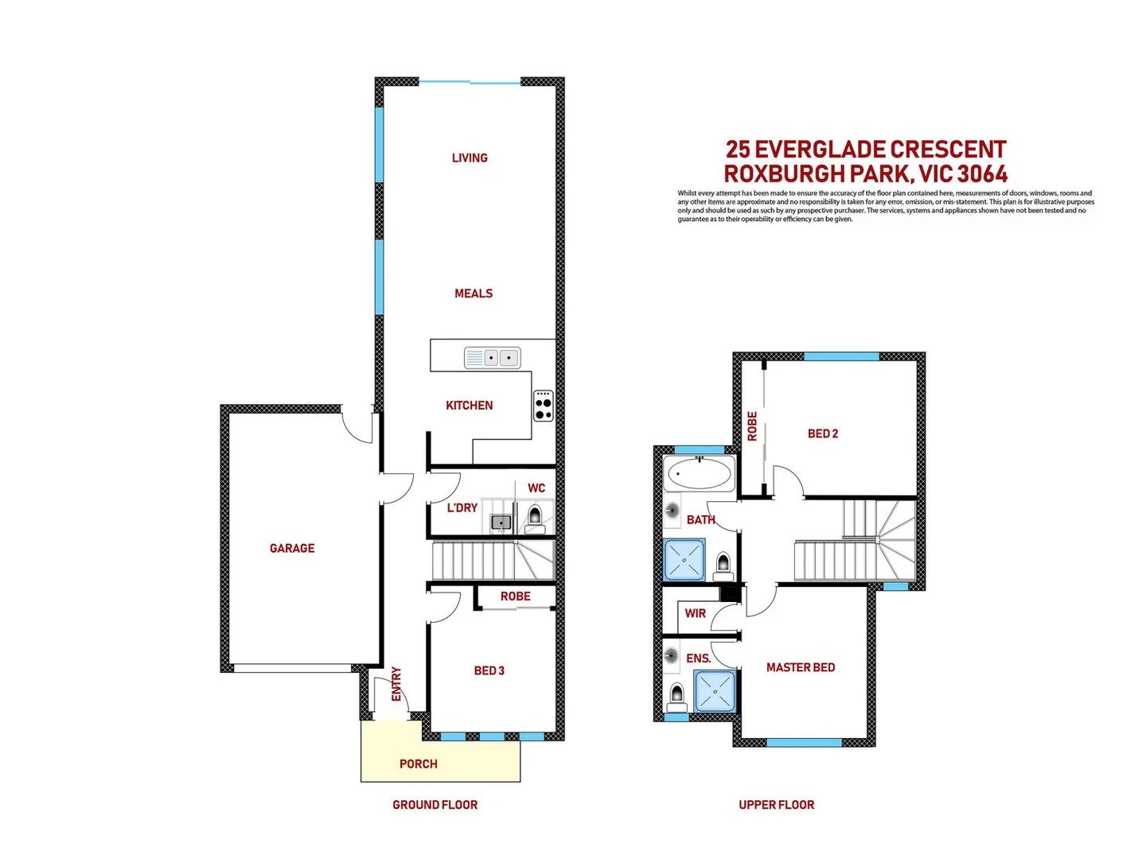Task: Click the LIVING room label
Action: pos(470,157)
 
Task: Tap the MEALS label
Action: pos(474,293)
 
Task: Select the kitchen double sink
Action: pos(492,358)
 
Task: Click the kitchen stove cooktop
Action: pos(544,405)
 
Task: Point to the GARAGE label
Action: pos(292,548)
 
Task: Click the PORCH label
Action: pos(419,764)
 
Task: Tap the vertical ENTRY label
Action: pos(396,684)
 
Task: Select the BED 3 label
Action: pos(489,670)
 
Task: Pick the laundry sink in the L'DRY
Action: pos(501,523)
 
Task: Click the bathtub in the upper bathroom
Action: pos(699,476)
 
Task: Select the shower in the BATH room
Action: pos(684,559)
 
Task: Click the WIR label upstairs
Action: pos(696,613)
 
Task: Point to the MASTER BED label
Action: pos(801,667)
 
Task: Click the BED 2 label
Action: pos(823,433)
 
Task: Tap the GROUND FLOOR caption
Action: pos(435,805)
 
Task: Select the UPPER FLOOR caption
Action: pos(777,805)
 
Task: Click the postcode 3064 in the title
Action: pos(982,173)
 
